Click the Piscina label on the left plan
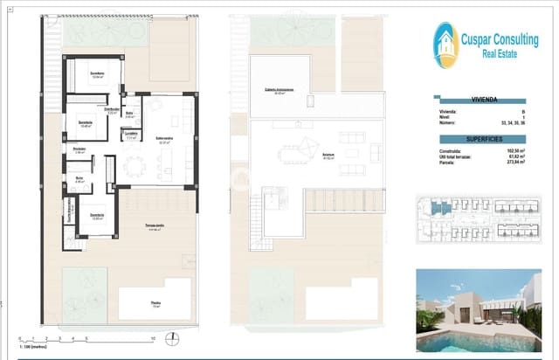click(155, 304)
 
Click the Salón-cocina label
click(163, 140)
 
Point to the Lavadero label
click(131, 135)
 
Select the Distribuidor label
click(112, 109)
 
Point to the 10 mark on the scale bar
click(152, 337)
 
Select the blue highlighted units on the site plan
click(437, 211)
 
